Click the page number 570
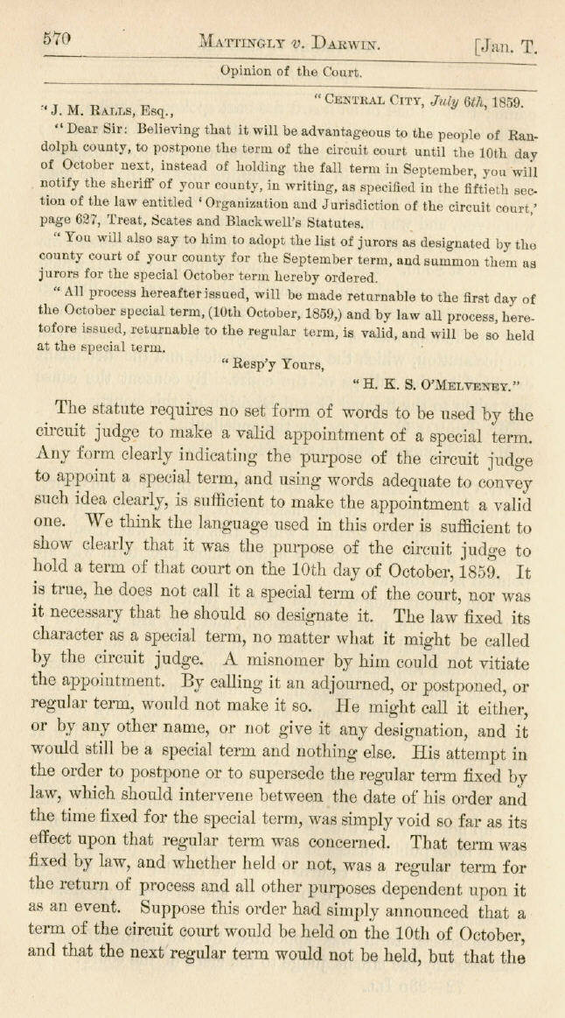point(55,39)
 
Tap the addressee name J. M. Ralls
point(97,109)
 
